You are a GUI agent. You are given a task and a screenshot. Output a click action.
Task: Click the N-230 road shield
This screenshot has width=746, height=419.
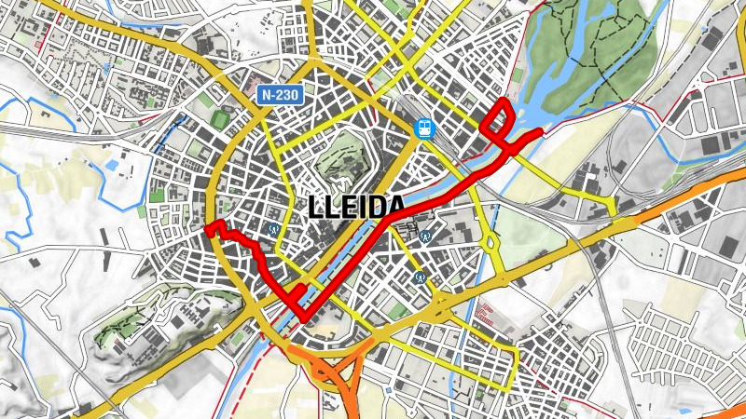tap(280, 94)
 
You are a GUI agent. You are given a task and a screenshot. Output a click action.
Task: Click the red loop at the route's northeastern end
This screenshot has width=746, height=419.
tap(499, 120)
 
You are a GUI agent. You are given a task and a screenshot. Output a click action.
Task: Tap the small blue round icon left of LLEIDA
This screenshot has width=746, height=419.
tap(274, 226)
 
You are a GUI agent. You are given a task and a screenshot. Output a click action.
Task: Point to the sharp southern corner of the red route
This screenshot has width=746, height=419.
tap(304, 319)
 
